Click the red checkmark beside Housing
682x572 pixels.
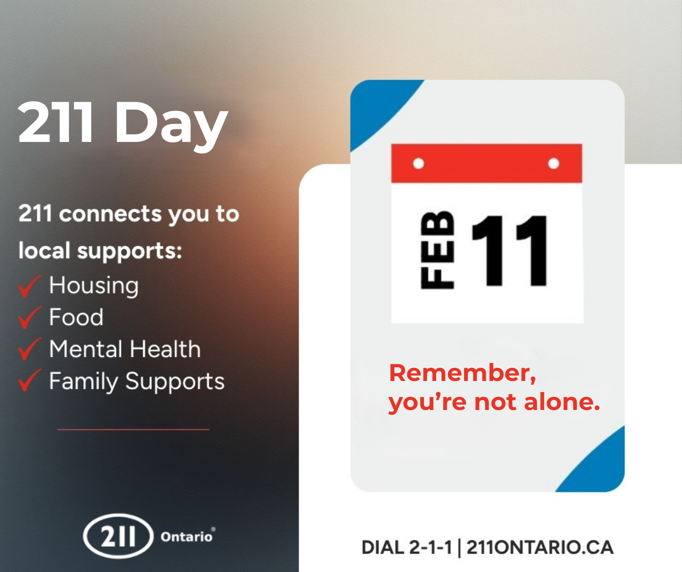click(x=28, y=286)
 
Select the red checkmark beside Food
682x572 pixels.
click(x=28, y=318)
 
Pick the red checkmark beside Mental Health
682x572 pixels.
click(x=28, y=349)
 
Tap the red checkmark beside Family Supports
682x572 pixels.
click(x=28, y=381)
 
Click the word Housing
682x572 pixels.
click(x=94, y=285)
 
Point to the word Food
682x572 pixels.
click(x=76, y=317)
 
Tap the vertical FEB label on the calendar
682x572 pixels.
click(x=437, y=250)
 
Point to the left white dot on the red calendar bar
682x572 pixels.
click(x=419, y=164)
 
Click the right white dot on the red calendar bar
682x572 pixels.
click(x=554, y=164)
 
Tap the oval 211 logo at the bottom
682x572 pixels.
click(x=118, y=536)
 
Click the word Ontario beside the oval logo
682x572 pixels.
click(x=186, y=537)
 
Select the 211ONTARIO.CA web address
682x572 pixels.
click(x=540, y=547)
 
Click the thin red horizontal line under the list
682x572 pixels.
click(x=133, y=430)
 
